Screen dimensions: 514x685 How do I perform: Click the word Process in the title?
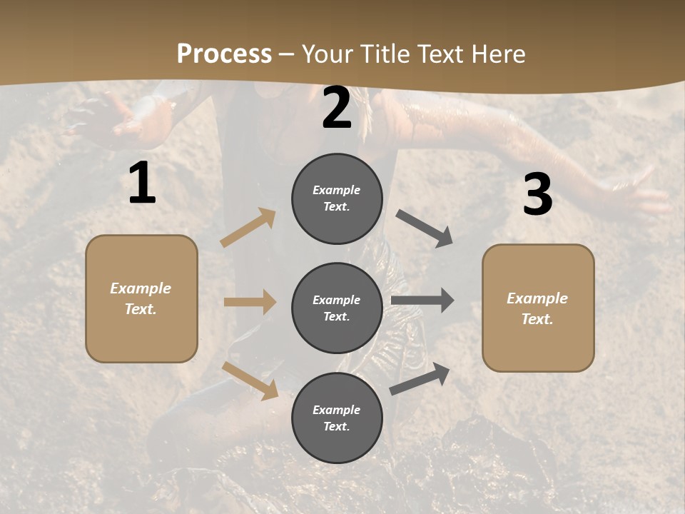224,54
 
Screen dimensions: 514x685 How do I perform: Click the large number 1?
142,184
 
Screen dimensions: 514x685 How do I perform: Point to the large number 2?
337,109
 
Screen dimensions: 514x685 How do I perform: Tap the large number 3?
537,195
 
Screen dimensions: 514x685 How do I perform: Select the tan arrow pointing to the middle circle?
250,302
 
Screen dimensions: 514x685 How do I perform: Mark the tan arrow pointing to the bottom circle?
250,380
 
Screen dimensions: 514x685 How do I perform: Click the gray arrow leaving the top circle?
424,228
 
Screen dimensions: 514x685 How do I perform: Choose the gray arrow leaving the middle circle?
422,301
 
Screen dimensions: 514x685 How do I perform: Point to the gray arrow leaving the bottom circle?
420,378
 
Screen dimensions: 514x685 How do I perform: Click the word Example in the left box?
141,288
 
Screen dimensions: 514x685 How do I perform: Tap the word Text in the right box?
536,319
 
